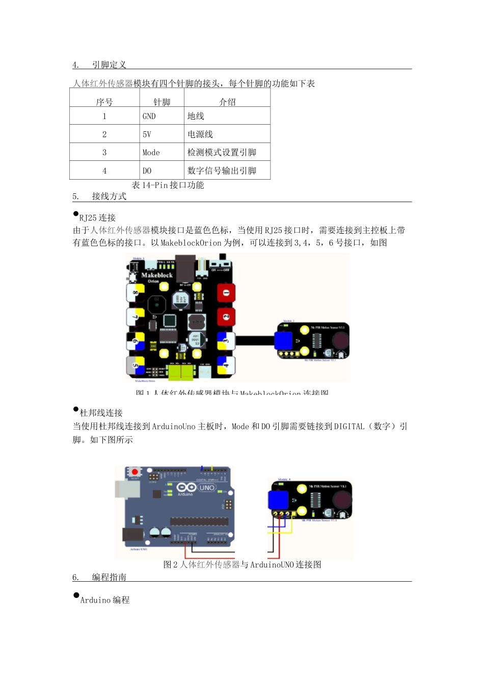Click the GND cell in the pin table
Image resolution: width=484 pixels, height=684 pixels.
coord(149,116)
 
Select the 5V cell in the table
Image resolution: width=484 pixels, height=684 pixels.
coord(147,134)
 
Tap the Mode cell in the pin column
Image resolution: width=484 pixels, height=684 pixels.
coord(151,153)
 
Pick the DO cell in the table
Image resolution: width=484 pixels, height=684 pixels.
coord(147,171)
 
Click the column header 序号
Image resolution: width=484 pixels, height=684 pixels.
coord(104,102)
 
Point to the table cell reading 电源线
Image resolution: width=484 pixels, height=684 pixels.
coord(200,134)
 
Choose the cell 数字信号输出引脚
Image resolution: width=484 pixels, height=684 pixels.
coord(222,171)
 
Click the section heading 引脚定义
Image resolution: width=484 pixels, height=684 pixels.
coord(109,65)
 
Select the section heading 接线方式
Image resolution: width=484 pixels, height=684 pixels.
coord(109,196)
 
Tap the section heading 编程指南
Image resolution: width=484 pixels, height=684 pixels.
coord(109,577)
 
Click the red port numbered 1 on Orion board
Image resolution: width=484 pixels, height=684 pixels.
coord(226,293)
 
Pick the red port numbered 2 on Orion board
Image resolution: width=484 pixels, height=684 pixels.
coord(226,317)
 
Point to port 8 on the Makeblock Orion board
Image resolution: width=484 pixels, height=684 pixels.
coord(136,293)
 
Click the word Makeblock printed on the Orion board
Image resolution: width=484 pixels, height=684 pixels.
coord(157,275)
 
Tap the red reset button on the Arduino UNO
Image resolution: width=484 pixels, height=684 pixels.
coord(135,472)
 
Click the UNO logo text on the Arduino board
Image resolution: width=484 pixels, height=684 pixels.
coord(206,488)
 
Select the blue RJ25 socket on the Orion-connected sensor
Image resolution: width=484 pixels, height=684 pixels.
coord(283,340)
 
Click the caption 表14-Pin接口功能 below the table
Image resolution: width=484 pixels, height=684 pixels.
coord(168,185)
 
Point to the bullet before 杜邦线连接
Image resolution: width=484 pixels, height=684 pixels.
coord(76,409)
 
